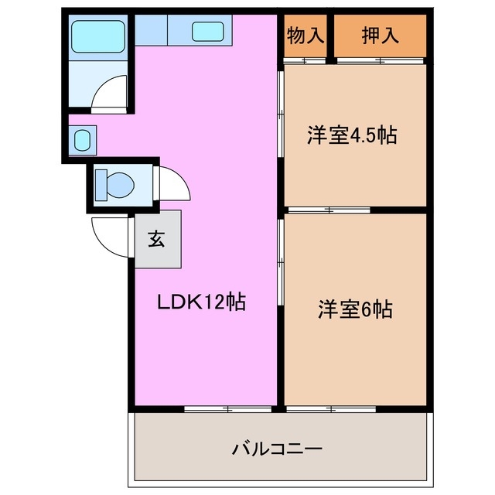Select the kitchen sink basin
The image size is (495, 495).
[207, 32]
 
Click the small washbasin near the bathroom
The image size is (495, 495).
[83, 141]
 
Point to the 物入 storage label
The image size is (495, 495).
[306, 36]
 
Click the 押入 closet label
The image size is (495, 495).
[379, 36]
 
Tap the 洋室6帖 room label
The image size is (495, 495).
[355, 309]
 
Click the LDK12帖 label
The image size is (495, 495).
[202, 302]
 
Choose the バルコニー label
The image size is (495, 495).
[277, 448]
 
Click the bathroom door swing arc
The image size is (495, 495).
[108, 94]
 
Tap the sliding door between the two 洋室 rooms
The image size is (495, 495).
[329, 210]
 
